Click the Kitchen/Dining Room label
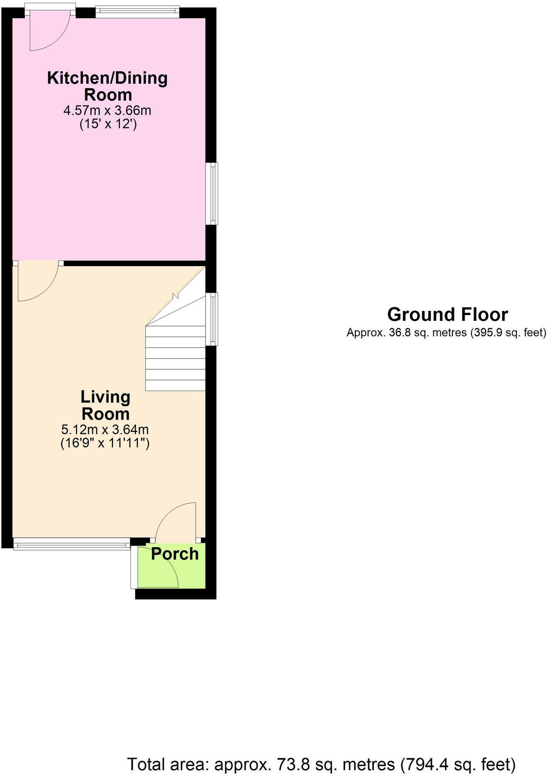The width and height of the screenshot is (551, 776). tap(108, 86)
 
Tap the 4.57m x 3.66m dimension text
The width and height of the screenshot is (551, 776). tap(107, 111)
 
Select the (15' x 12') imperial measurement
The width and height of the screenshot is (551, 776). tap(108, 124)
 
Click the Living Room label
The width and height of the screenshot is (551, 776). tap(105, 405)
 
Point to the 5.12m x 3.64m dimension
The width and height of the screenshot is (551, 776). tap(105, 429)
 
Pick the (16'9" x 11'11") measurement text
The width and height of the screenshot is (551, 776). tap(105, 443)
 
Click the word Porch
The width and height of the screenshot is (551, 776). tap(175, 554)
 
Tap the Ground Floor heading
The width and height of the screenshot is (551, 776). tap(447, 315)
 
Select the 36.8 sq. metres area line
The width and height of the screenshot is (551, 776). tap(446, 332)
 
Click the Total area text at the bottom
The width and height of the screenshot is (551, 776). tap(321, 764)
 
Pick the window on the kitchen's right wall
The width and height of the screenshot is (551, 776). tap(213, 194)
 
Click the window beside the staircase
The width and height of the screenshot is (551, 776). tap(213, 319)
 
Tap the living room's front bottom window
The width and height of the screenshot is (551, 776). tap(71, 543)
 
